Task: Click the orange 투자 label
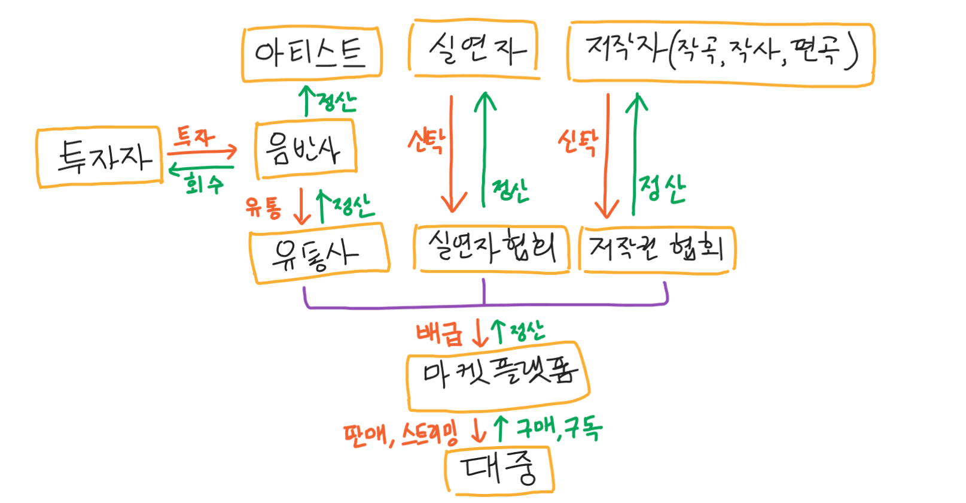tap(194, 137)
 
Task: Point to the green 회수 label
tap(204, 183)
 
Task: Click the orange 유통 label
tap(264, 207)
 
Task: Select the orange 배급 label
tap(439, 334)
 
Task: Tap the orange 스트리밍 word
tap(429, 434)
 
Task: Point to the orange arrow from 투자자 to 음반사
tap(202, 151)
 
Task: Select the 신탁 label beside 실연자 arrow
tap(426, 141)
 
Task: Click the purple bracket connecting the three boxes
tap(484, 306)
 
